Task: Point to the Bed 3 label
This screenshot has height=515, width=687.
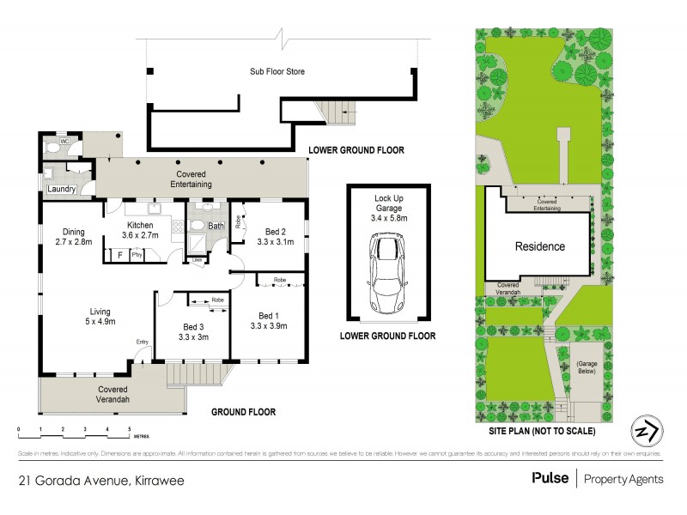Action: [x=194, y=327]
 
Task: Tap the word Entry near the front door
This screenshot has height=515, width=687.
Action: [x=143, y=342]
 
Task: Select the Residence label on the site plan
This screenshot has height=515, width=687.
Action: [x=539, y=247]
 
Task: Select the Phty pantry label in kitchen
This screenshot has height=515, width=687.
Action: [x=137, y=254]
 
